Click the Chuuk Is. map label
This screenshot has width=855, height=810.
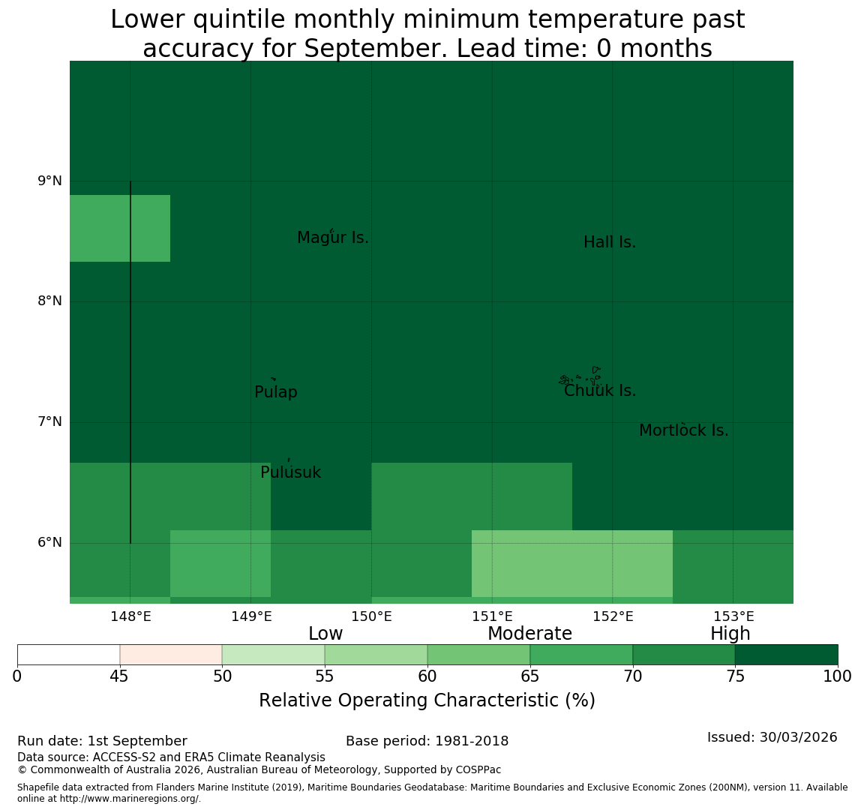(600, 391)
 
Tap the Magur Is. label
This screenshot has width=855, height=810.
(332, 238)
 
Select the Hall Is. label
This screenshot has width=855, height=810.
(610, 242)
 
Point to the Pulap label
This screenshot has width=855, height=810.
(276, 392)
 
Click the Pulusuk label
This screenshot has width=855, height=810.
(291, 472)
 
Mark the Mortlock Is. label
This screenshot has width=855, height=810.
(684, 430)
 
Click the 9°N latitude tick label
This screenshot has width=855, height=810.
(49, 181)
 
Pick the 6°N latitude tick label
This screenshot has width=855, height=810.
(49, 543)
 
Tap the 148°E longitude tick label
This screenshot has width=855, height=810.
(130, 616)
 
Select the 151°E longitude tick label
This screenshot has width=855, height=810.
(493, 616)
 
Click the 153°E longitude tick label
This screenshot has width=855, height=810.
(734, 616)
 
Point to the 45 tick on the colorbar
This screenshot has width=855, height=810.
(119, 676)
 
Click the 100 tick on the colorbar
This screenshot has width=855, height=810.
(838, 676)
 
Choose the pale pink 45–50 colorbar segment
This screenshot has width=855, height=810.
(171, 655)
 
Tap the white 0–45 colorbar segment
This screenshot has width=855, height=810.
(69, 655)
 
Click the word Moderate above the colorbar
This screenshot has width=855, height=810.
(529, 633)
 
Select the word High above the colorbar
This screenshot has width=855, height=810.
(730, 633)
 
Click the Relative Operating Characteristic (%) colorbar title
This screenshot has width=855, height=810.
(427, 700)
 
